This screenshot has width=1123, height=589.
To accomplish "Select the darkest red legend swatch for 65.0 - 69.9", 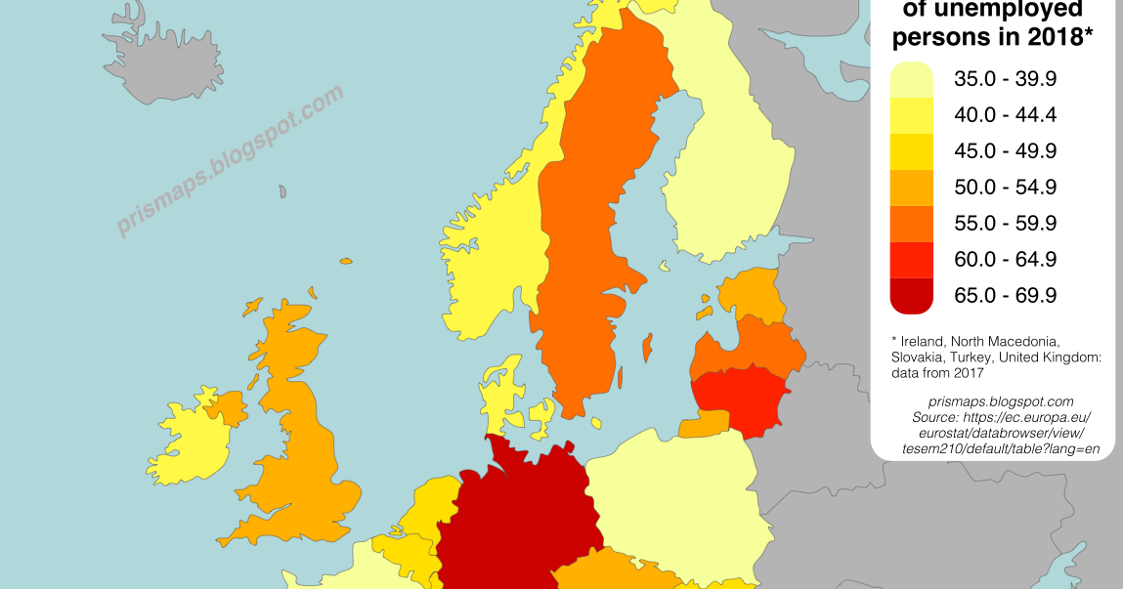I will [x=911, y=295].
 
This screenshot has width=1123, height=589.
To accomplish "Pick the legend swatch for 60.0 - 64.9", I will [x=911, y=259].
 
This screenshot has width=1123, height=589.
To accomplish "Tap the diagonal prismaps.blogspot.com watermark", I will [x=231, y=161].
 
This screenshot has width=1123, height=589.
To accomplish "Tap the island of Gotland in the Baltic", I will [x=646, y=346].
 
